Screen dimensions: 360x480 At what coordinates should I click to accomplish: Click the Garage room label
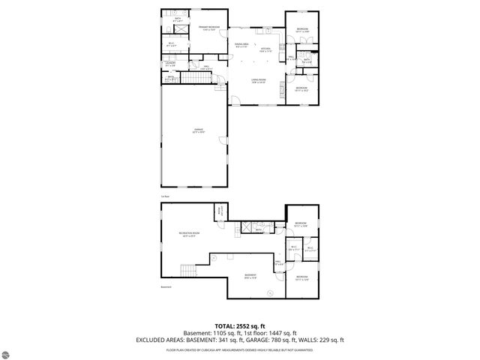coord(199,131)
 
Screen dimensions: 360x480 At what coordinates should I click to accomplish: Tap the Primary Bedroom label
coord(209,29)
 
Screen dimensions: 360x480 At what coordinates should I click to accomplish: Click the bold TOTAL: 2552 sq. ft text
coord(239,326)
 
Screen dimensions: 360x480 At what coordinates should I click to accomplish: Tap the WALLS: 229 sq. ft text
coord(322,340)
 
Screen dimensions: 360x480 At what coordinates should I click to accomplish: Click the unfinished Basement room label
coord(250,276)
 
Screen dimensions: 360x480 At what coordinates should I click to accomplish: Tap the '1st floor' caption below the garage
coord(164,196)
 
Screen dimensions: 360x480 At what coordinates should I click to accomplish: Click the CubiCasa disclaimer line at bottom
coord(239,349)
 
